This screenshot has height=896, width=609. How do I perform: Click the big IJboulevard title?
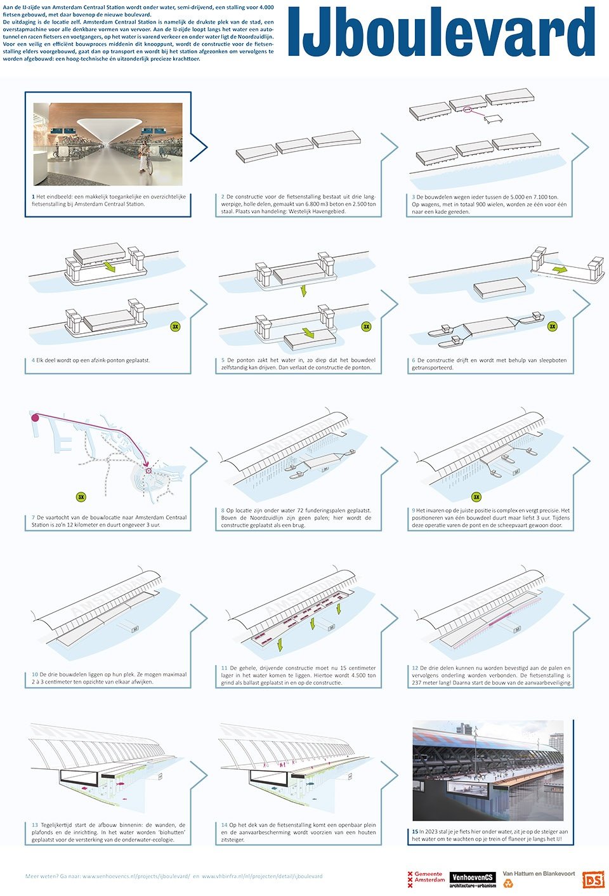point(441,33)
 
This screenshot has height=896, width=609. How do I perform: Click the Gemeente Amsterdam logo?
point(426,879)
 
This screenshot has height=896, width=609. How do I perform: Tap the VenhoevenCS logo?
point(473,879)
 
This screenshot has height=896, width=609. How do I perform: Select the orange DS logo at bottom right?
point(593,880)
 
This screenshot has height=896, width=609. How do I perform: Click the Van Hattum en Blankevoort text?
point(539,874)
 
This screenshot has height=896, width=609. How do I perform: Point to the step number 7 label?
point(34,517)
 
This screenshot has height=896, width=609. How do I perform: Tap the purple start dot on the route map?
point(35,418)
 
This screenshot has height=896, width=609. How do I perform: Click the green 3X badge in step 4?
point(176,327)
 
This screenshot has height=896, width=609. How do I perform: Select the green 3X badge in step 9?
point(476,497)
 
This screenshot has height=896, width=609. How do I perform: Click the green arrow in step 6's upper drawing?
point(559,270)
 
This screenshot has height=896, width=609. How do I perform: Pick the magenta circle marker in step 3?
point(468,110)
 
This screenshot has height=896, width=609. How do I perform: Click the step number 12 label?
point(415,668)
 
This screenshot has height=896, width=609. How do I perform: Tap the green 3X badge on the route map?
point(81,497)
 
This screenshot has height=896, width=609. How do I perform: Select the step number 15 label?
point(415,831)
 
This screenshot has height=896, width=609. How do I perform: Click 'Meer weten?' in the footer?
point(39,876)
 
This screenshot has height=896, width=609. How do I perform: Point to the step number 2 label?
point(223,197)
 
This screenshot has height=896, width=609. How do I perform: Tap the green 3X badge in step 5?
point(366,327)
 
